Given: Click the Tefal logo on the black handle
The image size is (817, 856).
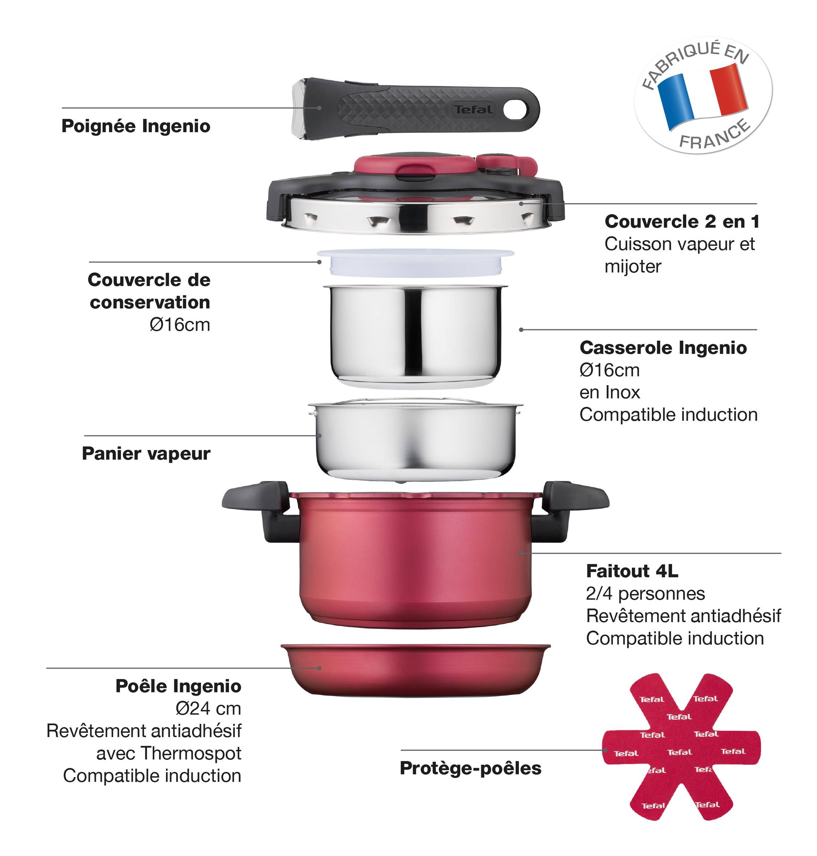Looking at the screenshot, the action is coord(474,109).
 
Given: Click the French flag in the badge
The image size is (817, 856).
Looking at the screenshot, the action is coord(703,97).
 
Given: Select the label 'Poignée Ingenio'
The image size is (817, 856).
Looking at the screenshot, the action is coord(136,126).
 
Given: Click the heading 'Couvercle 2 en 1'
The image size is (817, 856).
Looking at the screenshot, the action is coord(682,221).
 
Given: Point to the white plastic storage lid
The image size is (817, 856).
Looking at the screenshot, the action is coord(416,262).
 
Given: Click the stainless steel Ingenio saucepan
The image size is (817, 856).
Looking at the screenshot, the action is coord(415,336).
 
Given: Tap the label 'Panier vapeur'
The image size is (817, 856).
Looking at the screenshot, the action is coord(146,453).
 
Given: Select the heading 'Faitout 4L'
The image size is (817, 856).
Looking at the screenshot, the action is coord(632,571).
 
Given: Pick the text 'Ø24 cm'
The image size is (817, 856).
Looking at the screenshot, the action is coord(208,709).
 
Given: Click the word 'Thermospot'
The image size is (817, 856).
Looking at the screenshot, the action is coord(191,754).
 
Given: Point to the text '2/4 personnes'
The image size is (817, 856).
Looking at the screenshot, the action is coord(645,593).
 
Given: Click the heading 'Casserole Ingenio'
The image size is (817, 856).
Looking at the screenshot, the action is coord(663,348).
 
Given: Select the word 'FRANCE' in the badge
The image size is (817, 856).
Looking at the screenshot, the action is coord(715,135).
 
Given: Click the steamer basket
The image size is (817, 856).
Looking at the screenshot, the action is coord(416,440).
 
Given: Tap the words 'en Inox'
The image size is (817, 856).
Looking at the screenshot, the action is coord(610,392).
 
